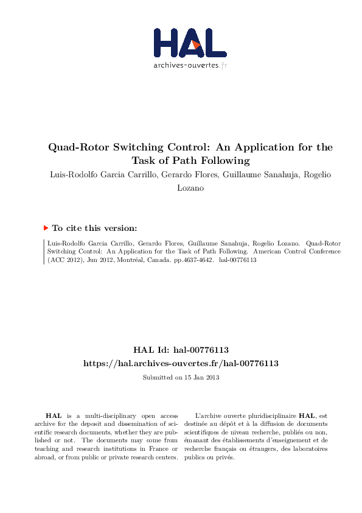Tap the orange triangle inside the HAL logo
pos(195,44)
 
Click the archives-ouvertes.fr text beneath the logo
pos(190,65)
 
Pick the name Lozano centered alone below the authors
pos(190,188)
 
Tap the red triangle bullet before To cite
pos(46,228)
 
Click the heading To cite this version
pos(94,228)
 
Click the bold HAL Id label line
pos(181,350)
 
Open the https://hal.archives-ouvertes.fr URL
pos(181,363)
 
